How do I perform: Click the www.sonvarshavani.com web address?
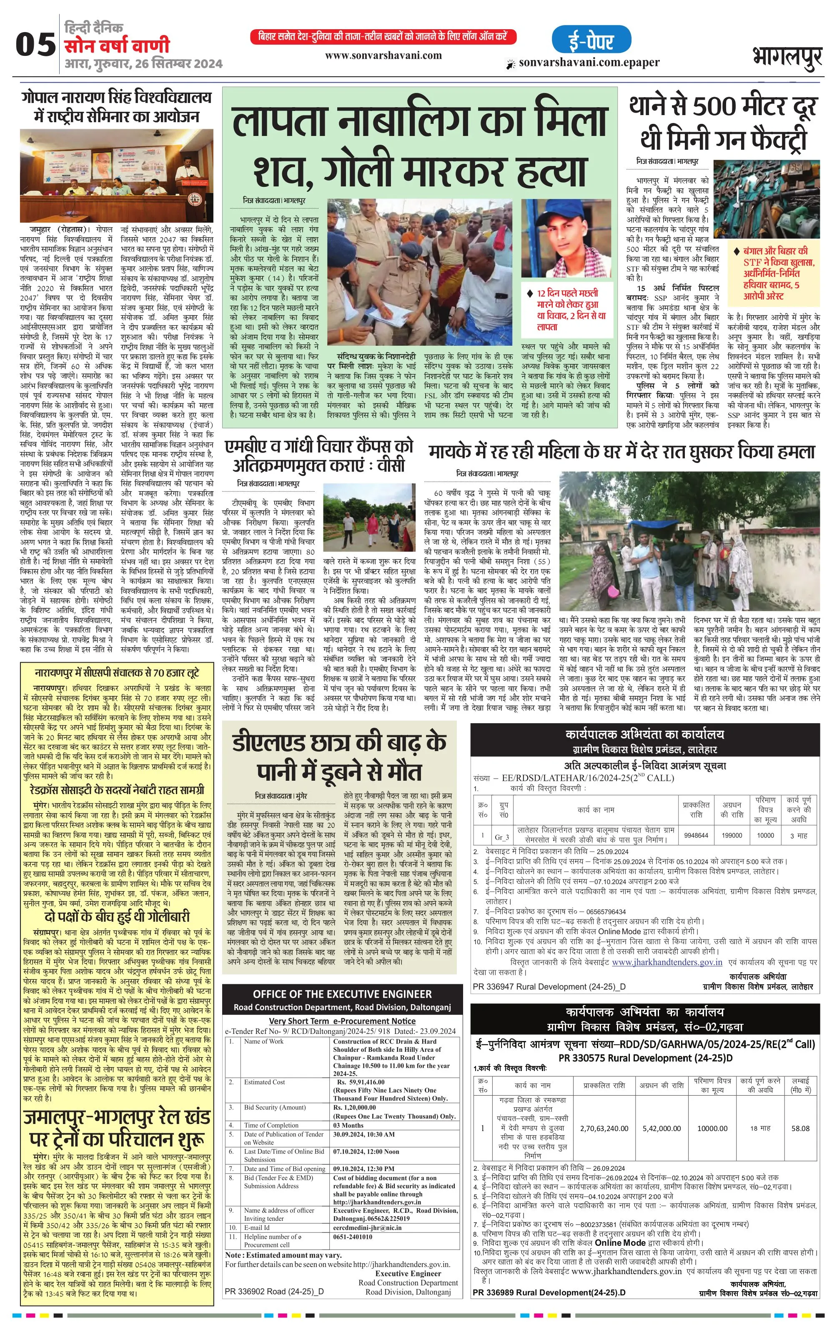click(383, 55)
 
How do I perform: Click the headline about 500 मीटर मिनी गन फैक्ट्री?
click(723, 123)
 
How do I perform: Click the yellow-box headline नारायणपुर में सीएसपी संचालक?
click(116, 673)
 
